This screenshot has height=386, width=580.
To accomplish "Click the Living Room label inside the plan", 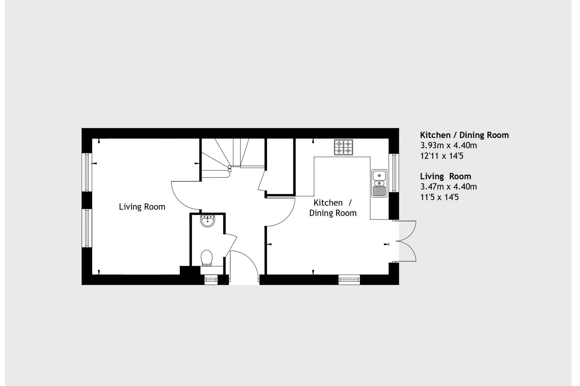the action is tap(142, 207).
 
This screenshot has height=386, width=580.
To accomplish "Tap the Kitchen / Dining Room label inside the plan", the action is tap(333, 208).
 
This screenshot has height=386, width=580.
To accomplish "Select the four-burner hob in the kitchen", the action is tap(343, 147).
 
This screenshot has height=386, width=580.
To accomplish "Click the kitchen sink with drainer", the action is tap(379, 183).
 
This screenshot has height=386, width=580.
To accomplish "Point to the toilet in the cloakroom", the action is tap(207, 258).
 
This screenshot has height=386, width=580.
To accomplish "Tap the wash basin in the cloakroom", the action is tap(208, 221).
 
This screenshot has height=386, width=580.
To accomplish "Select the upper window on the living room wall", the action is tap(87, 172).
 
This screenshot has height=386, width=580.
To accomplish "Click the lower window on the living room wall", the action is tap(87, 228).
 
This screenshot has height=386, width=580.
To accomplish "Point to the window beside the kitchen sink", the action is tap(394, 173).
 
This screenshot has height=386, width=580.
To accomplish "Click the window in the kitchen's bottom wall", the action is tap(349, 280).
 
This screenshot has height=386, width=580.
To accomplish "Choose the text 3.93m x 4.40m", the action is tap(448, 146).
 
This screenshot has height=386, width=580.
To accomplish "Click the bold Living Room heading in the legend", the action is tap(445, 176).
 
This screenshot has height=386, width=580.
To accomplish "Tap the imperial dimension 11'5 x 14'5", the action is tap(439, 197).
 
